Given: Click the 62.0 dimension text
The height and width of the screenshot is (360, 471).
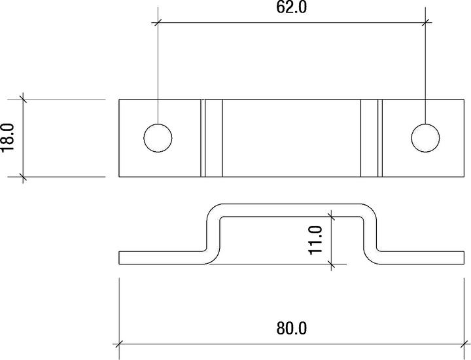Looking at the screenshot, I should coord(292,9).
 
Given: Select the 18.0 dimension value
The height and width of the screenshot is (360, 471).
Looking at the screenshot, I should coord(9,137).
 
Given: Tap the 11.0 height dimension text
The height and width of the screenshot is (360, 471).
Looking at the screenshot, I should coord(316,239).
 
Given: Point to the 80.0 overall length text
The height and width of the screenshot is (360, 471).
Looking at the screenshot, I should coord(292,328).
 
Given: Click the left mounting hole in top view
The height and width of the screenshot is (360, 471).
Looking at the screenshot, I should coord(158,138).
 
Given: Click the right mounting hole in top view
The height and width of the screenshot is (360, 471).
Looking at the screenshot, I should coord(426,138).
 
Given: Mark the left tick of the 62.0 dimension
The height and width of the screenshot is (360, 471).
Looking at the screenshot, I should coord(158,22).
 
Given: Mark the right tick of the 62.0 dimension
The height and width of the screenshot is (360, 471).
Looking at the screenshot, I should coord(426,22).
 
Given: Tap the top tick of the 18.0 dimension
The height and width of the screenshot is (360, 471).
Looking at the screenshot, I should coord(23,99).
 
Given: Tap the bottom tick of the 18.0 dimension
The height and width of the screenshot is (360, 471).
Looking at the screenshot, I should coord(23,177).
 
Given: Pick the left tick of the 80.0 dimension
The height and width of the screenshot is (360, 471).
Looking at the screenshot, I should coord(119,342).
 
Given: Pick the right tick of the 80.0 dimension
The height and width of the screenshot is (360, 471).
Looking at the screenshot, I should coord(465,342).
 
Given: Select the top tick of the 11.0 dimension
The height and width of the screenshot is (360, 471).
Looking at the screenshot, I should coord(332,216).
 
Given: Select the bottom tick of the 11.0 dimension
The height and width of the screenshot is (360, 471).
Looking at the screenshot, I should coord(332,264).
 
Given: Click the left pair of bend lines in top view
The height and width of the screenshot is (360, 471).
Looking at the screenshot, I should coord(211,138).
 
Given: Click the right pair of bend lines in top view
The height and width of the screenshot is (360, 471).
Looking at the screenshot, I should coord(371,138).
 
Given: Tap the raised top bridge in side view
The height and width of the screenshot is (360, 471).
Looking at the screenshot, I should coord(292,210).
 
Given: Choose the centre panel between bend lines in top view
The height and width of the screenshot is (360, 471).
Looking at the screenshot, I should coord(292,138).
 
